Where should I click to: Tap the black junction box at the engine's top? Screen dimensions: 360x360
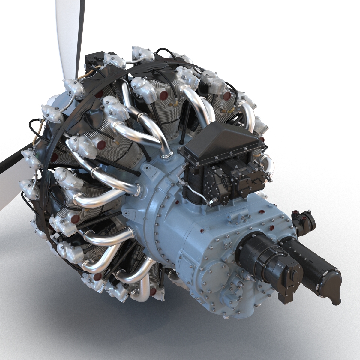click(94, 61)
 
